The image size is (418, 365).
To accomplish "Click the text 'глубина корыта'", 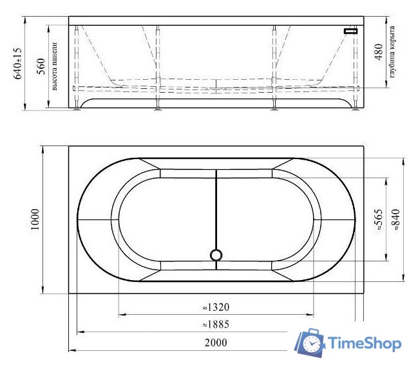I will tap(392, 55).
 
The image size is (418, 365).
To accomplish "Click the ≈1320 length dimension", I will tap(216, 307).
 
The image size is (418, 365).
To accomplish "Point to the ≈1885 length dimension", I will tap(216, 324).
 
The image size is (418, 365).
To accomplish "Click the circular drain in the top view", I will tap(216, 256).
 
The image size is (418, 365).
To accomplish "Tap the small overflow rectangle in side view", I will tap(351, 30).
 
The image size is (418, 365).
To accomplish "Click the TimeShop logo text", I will tap(364, 343).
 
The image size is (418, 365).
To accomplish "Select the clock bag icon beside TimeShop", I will tap(310, 343).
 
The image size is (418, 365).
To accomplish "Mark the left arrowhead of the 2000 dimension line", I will tap(70, 350).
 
